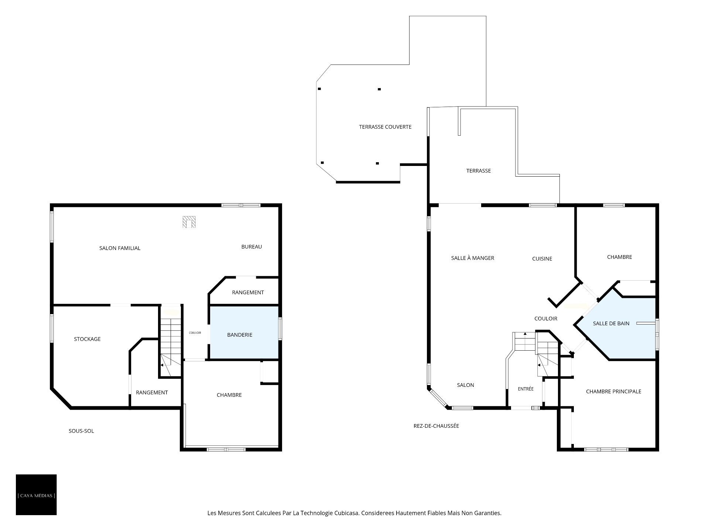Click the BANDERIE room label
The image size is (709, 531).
coord(240,335)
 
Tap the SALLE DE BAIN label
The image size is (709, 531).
coord(611,323)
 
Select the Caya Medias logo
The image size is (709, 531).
coord(36,494)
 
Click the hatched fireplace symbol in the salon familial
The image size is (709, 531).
coord(189,222)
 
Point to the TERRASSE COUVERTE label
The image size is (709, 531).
coord(385,127)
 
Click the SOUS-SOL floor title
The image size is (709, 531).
coord(81,431)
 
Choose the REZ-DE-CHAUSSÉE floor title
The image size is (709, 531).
coord(436,426)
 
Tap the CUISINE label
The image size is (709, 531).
coord(542,259)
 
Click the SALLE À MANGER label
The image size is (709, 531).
coord(473,258)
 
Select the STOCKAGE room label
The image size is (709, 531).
coord(87,339)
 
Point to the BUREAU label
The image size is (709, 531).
coord(251,247)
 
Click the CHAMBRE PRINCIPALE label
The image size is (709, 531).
coord(614,391)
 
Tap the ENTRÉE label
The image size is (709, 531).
coord(525,389)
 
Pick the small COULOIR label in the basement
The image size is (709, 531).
coord(195,333)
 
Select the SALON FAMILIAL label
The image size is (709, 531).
coord(120,248)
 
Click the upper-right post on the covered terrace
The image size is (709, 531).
coord(379,89)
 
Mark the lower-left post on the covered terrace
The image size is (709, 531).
coord(322,163)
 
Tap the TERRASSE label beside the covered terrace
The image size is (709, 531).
coord(479,171)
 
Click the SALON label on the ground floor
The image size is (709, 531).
coord(465,385)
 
